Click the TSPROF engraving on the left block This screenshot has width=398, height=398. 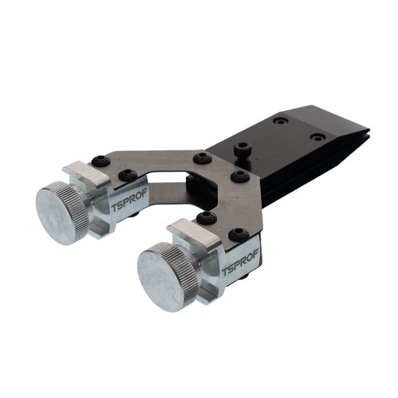[x=129, y=200]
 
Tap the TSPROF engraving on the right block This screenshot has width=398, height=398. [x=240, y=262]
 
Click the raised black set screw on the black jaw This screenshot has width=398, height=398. [x=242, y=148]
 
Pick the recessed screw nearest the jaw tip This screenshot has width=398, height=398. [x=318, y=137]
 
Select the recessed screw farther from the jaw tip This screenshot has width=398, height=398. [x=281, y=120]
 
